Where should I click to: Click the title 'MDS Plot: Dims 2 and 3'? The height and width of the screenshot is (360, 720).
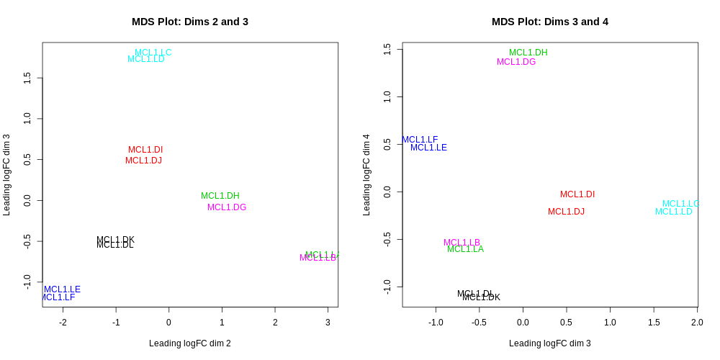[x=189, y=22]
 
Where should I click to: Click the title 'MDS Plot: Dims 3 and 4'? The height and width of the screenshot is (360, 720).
[x=549, y=22]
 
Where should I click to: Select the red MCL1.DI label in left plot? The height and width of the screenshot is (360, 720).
[x=145, y=150]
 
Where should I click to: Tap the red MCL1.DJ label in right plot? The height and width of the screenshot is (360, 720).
[x=566, y=212]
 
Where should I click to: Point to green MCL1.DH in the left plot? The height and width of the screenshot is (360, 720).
[x=220, y=196]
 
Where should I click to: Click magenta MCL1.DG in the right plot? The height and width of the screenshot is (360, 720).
[x=516, y=62]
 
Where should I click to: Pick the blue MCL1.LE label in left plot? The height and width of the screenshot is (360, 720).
[x=62, y=289]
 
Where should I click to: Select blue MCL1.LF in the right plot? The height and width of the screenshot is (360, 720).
[x=420, y=140]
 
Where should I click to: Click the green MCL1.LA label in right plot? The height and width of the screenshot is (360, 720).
[x=465, y=249]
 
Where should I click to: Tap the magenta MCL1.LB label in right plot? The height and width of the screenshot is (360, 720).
[x=462, y=243]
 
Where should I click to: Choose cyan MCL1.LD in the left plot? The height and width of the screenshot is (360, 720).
[x=146, y=59]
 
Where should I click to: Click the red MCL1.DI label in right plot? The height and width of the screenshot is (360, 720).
[x=577, y=194]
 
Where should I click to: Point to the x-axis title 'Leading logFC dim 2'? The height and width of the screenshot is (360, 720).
[x=189, y=343]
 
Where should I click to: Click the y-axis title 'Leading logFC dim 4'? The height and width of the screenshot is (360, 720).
[x=366, y=175]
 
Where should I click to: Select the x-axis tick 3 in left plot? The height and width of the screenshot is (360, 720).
[x=328, y=322]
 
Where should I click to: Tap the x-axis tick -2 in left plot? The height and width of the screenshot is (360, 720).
[x=63, y=322]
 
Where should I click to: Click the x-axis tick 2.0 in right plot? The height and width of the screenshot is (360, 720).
[x=697, y=322]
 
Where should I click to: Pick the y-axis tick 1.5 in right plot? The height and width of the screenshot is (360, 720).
[x=387, y=49]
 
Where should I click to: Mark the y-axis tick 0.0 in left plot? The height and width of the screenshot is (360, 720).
[x=27, y=200]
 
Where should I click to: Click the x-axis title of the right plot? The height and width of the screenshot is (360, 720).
[x=549, y=343]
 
